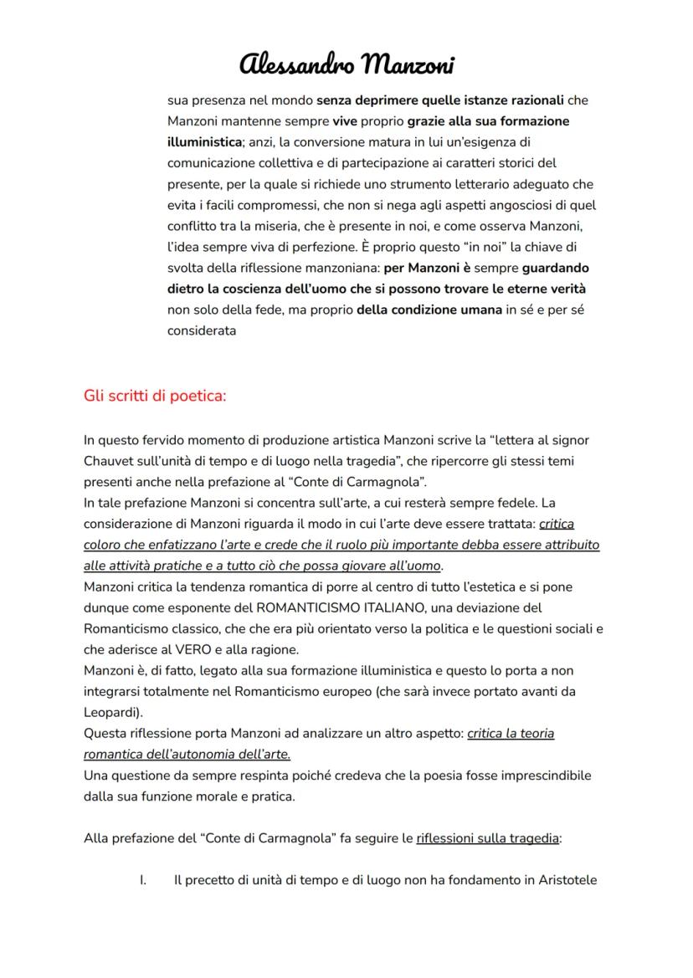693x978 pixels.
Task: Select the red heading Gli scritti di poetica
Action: click(x=155, y=395)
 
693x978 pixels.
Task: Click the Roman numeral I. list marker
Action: click(x=143, y=880)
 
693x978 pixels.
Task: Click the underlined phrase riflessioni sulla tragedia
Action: click(x=487, y=837)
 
